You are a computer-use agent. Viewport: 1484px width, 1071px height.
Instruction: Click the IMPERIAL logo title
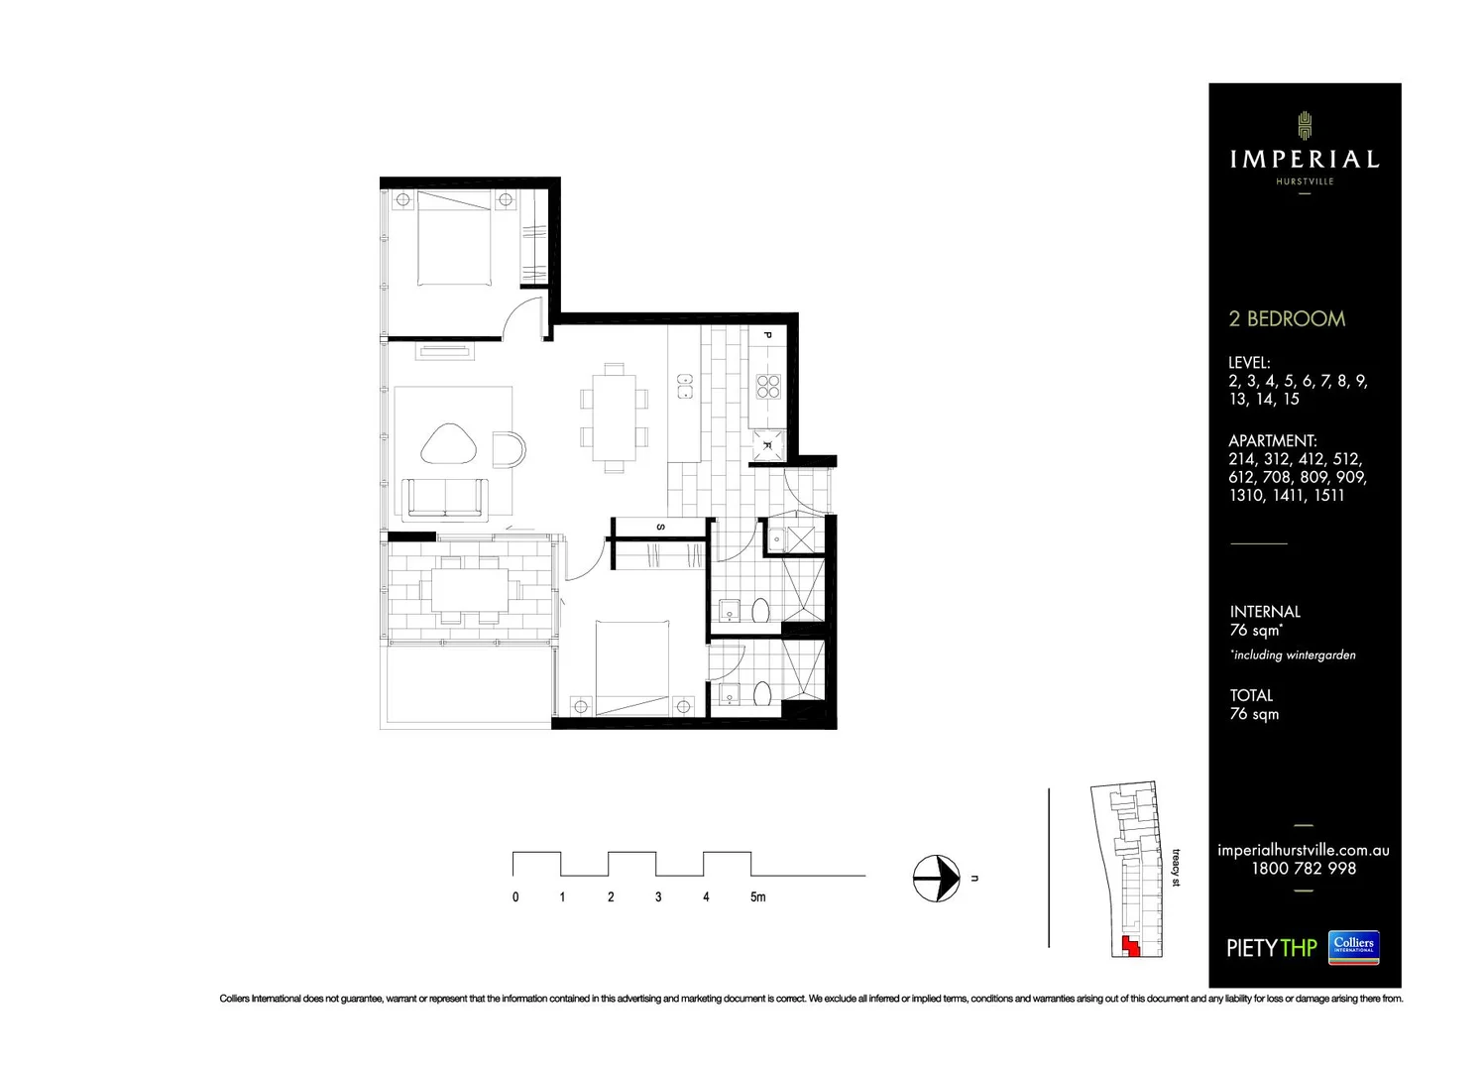coord(1304,159)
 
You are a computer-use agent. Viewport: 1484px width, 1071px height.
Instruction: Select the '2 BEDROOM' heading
coord(1287,318)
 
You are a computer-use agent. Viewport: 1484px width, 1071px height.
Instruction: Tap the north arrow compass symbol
coord(936,879)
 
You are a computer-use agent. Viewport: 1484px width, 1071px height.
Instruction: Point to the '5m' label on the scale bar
coord(757,897)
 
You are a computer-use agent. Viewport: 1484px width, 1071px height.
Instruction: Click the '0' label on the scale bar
coord(515,897)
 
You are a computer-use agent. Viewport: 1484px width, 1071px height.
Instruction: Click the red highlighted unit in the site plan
coord(1128,946)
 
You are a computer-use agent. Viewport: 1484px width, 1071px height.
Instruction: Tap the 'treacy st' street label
coord(1177,867)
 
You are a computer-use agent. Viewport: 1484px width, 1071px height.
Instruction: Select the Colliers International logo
coord(1353,947)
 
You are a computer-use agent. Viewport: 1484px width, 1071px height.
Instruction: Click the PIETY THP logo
coord(1271,948)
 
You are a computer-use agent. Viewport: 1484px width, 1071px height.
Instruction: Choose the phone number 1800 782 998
coord(1303,869)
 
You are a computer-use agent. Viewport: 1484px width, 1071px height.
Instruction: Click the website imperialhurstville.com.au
coord(1303,850)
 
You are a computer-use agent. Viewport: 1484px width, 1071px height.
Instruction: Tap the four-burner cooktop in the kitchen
coord(769,386)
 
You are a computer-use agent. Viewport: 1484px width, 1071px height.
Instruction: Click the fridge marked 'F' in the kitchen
coord(767,445)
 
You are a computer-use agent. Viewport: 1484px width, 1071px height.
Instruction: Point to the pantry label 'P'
coord(767,336)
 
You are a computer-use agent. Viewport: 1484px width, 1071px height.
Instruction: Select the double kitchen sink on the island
coord(683,385)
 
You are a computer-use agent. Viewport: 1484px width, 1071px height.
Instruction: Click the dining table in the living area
coord(615,417)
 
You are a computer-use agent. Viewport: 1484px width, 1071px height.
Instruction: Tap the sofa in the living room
coord(446,498)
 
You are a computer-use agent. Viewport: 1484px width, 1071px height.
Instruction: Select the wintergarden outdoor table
coord(470,589)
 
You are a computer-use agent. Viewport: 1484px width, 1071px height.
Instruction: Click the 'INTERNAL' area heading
coord(1265,612)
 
